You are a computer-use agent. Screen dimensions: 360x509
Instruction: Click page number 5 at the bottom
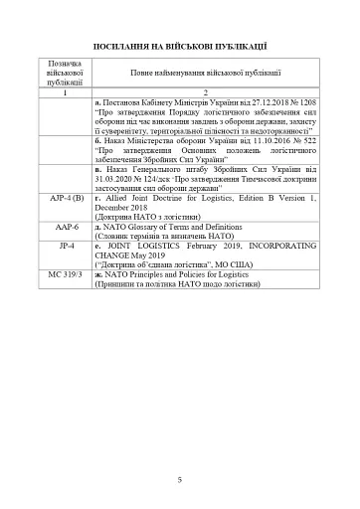179,479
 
